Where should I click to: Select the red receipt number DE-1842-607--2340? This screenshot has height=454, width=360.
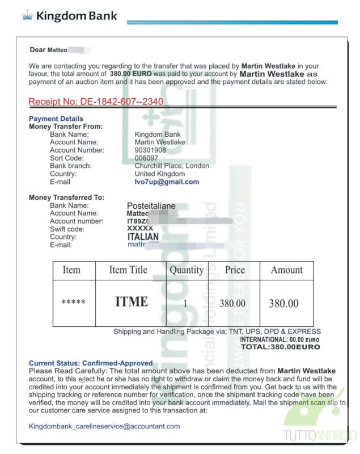click(96, 102)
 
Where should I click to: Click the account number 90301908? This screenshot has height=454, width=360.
click(150, 150)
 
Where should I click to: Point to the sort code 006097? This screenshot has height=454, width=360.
click(146, 158)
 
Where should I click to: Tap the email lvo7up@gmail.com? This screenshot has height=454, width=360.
click(167, 182)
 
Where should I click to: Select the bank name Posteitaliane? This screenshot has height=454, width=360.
click(151, 205)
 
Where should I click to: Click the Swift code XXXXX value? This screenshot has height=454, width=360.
click(140, 228)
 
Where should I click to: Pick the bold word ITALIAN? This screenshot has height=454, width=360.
click(143, 237)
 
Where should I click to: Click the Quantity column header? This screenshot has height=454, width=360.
click(186, 270)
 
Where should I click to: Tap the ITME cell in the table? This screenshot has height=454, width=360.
click(132, 302)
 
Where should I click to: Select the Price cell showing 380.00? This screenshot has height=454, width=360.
click(232, 304)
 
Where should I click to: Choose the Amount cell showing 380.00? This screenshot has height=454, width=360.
click(283, 304)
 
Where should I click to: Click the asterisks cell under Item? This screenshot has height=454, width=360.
click(73, 302)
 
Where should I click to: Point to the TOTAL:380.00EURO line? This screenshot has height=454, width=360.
click(281, 347)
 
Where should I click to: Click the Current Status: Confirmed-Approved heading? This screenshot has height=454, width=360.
click(91, 363)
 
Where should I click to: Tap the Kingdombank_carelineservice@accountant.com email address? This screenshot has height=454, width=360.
click(104, 426)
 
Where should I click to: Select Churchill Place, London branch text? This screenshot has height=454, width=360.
click(172, 166)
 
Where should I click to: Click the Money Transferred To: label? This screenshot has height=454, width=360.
click(66, 197)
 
